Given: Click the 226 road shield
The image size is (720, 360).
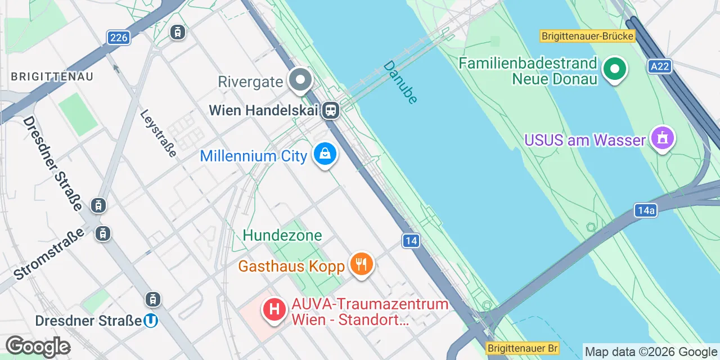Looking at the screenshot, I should click(119, 38).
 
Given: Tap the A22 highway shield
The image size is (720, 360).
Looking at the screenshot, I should click(659, 66).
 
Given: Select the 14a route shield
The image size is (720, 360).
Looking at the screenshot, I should click(646, 210).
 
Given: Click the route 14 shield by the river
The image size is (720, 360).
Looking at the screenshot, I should click(411, 241).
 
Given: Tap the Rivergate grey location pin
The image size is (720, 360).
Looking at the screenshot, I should click(300, 80).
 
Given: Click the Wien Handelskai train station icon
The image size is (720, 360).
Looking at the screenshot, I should click(331, 110).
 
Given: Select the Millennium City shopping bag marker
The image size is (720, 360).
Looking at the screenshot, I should click(325, 154).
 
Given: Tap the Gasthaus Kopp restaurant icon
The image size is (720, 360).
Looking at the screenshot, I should click(361, 264).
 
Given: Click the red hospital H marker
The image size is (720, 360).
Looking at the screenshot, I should click(274, 310).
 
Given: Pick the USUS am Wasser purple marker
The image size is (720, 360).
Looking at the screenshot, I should click(662, 138).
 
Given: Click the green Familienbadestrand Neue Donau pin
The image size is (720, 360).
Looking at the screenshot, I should click(615, 70).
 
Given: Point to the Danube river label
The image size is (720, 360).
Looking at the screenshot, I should click(400, 82).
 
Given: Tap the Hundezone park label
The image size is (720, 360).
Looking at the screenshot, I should click(282, 235).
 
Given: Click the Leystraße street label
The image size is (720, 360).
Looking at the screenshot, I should click(159, 133).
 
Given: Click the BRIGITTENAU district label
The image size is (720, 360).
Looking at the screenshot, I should click(52, 76).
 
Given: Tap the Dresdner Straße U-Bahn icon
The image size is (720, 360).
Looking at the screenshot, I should click(150, 321).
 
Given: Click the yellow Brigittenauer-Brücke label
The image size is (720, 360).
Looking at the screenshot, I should click(587, 36).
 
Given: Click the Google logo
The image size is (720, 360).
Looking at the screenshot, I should click(38, 346).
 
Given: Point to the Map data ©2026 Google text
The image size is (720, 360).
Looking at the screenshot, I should click(651, 352).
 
